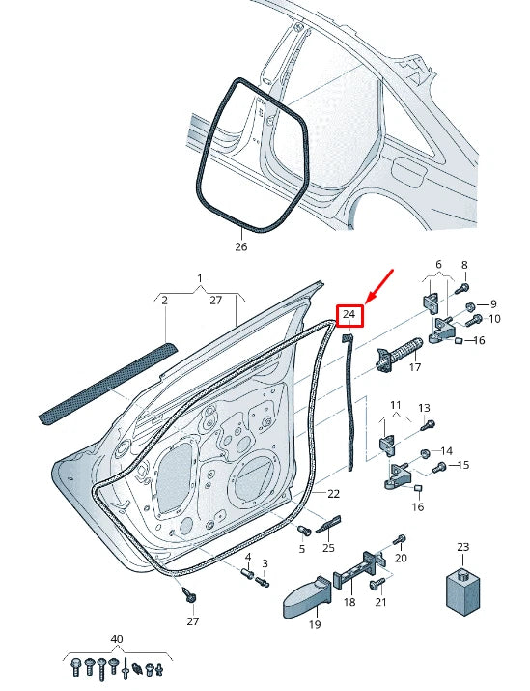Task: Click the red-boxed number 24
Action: click(349, 315)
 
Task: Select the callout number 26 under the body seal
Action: click(241, 246)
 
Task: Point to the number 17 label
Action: click(415, 367)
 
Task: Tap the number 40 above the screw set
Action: click(118, 640)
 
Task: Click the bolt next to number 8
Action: click(462, 287)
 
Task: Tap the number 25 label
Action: click(328, 548)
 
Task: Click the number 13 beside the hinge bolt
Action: click(424, 409)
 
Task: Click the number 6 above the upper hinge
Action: click(437, 264)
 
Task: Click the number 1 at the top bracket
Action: click(200, 279)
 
